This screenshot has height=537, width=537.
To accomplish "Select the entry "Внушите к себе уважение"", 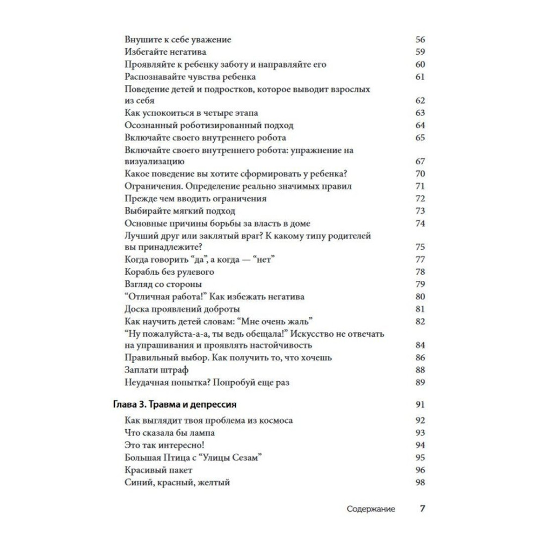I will (177, 40).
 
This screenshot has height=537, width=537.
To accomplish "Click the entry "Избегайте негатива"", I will (165, 52).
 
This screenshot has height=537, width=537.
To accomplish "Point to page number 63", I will (420, 113).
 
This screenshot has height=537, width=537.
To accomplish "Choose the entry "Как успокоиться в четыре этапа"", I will (191, 113).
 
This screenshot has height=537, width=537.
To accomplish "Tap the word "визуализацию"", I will (155, 161).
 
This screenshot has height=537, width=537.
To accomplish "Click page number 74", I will (420, 223).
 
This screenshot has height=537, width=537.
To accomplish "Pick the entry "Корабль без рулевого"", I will (169, 272).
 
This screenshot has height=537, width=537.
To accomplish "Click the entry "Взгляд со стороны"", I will (163, 284).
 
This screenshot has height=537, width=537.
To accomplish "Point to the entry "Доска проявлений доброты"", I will (182, 309).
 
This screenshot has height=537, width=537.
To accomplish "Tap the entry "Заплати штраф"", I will (156, 369).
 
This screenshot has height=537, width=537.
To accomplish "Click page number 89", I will (420, 382).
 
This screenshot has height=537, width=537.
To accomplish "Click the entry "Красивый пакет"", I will (158, 470).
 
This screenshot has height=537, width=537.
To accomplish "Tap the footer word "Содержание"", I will (371, 509).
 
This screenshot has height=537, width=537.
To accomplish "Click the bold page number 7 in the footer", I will (422, 509).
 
